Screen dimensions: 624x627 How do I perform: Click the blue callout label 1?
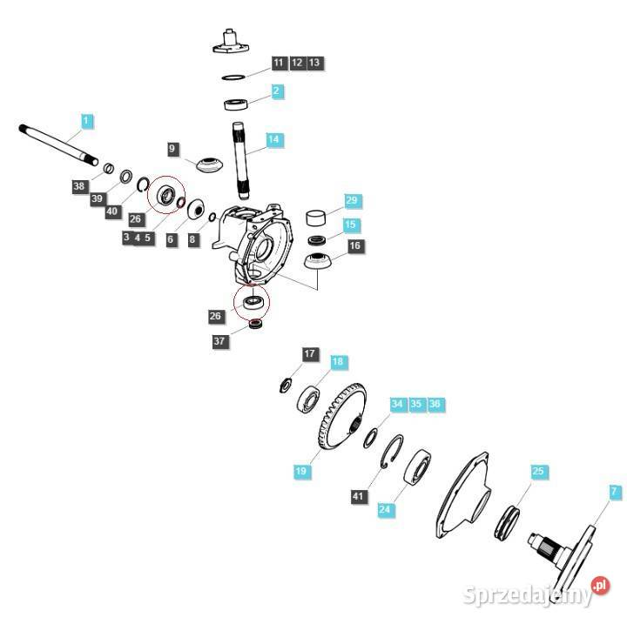coord(86,120)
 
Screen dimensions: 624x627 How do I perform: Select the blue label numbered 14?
coord(274,139)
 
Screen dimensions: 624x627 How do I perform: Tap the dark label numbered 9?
coord(172,150)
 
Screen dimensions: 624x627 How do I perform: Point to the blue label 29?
coord(352,201)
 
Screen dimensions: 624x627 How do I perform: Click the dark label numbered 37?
coord(220,341)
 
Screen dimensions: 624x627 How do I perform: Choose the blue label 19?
coord(301,472)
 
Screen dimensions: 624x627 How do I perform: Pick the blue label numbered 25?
coord(538,471)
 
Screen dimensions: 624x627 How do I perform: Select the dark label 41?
coord(359,496)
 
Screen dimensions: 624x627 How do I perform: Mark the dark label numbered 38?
coord(80,186)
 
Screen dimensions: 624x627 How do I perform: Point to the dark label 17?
coord(311,354)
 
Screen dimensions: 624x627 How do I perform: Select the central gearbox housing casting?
coord(257,245)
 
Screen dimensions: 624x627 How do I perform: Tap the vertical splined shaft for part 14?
coord(243,162)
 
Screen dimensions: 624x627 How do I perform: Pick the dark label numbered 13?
coord(315,63)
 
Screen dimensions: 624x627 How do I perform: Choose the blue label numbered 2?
coord(276,91)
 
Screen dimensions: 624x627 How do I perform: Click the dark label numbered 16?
coord(354,246)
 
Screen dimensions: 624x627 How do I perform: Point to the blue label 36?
coord(435,404)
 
